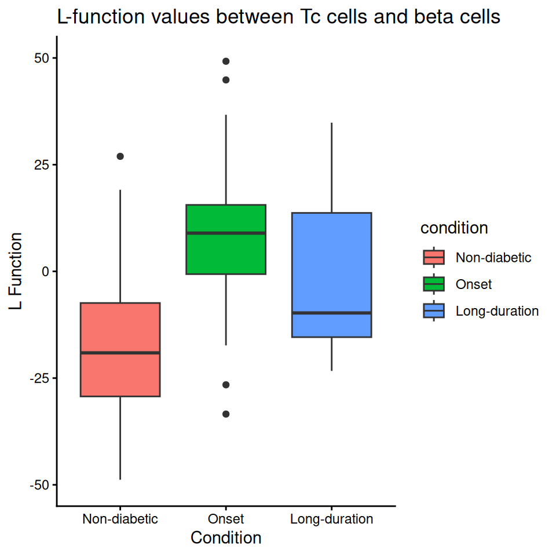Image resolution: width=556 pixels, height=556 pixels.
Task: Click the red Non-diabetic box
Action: coord(120,376)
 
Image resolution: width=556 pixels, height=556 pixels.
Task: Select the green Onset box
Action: coord(226,252)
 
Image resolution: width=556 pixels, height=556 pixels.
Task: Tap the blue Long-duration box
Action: coord(331,261)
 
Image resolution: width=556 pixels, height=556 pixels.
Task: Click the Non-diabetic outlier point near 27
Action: coord(120,156)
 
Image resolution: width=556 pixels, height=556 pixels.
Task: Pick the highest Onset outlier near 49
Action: coord(226,61)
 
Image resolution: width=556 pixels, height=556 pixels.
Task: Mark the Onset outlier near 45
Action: coord(226,80)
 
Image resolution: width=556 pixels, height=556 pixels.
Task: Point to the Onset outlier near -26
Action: coord(226,385)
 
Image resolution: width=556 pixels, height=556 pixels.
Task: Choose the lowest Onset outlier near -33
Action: coord(226,414)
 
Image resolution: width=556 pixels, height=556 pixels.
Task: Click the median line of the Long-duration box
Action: coord(331,313)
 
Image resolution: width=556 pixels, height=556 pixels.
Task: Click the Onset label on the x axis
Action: coord(226,518)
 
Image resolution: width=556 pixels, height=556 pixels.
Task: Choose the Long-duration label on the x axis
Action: coord(331,518)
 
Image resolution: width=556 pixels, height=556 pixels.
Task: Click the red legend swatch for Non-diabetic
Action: coord(434,257)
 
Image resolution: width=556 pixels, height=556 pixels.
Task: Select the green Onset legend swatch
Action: coord(434,284)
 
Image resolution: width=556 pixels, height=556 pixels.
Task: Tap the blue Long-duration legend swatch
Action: coord(434,311)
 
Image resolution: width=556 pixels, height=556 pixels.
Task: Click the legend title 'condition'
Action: coord(454,228)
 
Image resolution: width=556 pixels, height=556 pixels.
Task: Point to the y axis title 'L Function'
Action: coord(17,271)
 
